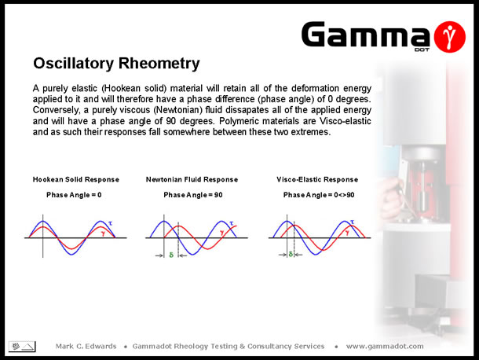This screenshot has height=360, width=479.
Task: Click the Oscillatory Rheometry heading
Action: point(116,64)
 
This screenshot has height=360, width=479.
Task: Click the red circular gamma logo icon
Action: point(449,37)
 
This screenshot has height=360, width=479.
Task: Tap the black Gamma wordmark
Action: point(366,35)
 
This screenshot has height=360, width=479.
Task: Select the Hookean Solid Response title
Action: point(76,179)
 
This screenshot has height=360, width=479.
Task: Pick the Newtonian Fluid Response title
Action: point(192,179)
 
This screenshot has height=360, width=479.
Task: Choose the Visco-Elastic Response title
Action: point(317,179)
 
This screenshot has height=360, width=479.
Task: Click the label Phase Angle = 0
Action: point(74,195)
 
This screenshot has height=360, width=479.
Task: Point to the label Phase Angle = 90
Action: point(193,195)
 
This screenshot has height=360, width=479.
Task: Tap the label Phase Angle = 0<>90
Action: point(319,195)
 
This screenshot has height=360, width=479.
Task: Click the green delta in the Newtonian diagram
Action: point(171,255)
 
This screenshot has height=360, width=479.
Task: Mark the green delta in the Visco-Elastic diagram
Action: point(291,254)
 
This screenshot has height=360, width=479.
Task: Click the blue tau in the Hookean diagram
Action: point(110,223)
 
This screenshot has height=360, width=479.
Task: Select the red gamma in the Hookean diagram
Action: point(103,234)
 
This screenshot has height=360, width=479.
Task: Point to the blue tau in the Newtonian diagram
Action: point(231,223)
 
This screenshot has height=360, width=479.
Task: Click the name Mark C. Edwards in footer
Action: point(86,346)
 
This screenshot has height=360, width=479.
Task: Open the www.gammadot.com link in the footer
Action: point(385,347)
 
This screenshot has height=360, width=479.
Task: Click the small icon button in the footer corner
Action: point(22,347)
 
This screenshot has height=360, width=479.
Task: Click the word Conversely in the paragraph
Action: point(56,110)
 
